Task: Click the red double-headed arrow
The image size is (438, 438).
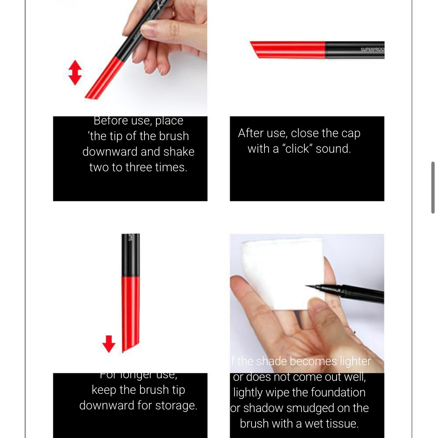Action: click(x=75, y=72)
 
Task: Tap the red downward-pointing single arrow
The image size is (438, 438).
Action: click(x=108, y=344)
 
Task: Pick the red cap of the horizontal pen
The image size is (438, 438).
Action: click(x=288, y=50)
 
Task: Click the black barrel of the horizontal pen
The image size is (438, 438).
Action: click(x=355, y=50)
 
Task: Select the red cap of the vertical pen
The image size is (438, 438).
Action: click(x=131, y=312)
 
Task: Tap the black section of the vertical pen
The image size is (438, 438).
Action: click(x=131, y=254)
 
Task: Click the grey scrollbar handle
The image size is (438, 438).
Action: click(x=433, y=187)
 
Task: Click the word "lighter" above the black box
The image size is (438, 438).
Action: click(x=355, y=361)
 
